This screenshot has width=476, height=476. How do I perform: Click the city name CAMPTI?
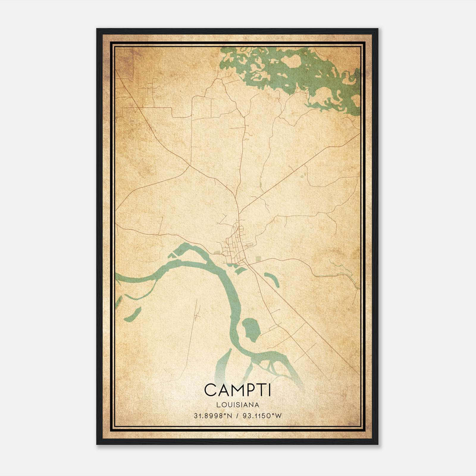[237, 390]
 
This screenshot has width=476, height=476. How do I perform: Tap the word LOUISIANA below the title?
[238, 405]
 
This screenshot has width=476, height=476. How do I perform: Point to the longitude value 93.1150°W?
[262, 416]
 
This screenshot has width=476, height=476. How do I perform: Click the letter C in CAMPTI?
[211, 390]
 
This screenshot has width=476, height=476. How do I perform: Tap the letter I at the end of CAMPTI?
[270, 390]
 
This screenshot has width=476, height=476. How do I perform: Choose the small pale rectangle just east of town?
[258, 259]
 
